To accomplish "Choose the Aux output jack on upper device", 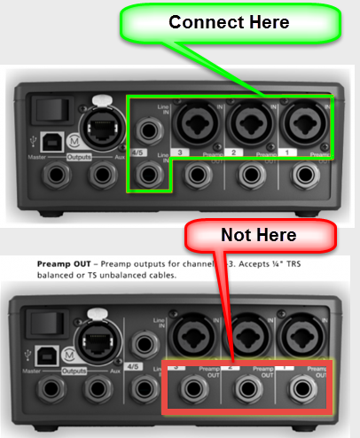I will (99, 179).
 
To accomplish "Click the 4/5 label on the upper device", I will (137, 152).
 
